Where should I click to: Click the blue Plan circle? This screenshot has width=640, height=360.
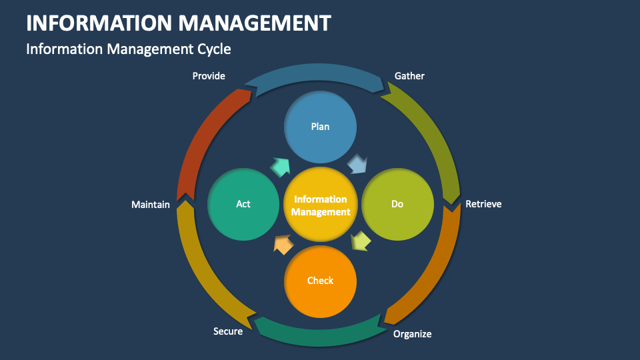click(320, 127)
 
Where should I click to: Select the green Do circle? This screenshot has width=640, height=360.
click(397, 204)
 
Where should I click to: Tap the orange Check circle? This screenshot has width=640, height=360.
click(320, 281)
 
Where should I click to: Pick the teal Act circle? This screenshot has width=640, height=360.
click(243, 204)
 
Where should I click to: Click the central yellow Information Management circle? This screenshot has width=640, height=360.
click(321, 205)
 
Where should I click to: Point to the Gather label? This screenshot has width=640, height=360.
click(409, 76)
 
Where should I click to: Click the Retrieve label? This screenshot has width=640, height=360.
click(483, 204)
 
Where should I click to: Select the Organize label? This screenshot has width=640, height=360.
click(412, 334)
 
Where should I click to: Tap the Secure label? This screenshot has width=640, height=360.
click(228, 331)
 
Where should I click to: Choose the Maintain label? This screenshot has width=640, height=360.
click(151, 205)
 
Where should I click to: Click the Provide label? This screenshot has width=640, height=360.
click(209, 76)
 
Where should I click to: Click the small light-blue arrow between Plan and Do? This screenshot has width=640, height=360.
click(357, 164)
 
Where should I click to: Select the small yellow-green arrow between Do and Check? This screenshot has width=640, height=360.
click(360, 241)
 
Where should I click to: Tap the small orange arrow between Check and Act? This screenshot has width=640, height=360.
click(283, 245)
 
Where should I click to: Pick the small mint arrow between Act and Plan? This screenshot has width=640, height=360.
click(280, 167)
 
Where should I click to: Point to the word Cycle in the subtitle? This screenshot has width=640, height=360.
click(215, 49)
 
